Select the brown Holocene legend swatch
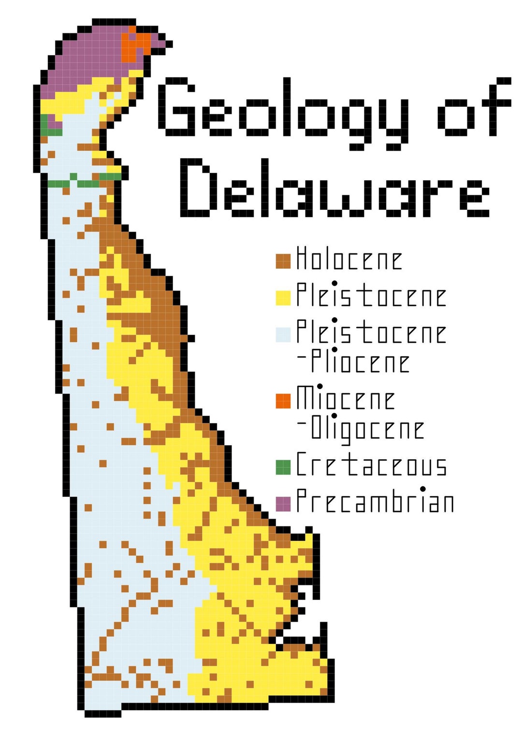pyautogui.click(x=283, y=261)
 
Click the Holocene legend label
pyautogui.click(x=349, y=259)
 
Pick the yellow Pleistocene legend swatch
pyautogui.click(x=283, y=298)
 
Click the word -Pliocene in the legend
pyautogui.click(x=354, y=362)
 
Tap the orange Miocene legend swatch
pyautogui.click(x=283, y=401)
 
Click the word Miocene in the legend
pyautogui.click(x=346, y=398)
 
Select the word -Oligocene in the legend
pyautogui.click(x=361, y=428)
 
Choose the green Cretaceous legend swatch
pyautogui.click(x=283, y=467)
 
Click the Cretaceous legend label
pyautogui.click(x=371, y=465)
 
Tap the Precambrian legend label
pyautogui.click(x=375, y=501)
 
